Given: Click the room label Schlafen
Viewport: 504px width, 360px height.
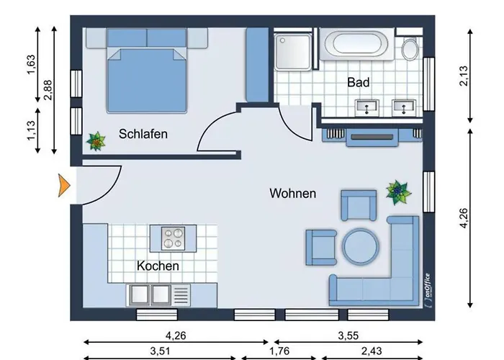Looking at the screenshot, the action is pyautogui.click(x=143, y=134).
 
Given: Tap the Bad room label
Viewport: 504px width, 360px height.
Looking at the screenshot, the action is pyautogui.click(x=358, y=82).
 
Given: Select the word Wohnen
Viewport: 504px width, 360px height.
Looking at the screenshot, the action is pyautogui.click(x=293, y=193).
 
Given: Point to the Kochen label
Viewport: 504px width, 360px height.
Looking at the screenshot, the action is pyautogui.click(x=158, y=266).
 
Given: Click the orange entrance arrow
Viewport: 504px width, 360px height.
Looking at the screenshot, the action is pyautogui.click(x=64, y=186).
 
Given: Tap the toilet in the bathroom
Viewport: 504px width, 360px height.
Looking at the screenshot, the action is pyautogui.click(x=410, y=48).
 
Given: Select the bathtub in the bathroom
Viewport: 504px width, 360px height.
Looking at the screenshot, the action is pyautogui.click(x=357, y=44).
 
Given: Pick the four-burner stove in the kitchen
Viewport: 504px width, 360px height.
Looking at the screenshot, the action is pyautogui.click(x=173, y=238).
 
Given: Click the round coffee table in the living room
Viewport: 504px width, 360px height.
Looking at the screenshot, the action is pyautogui.click(x=360, y=246).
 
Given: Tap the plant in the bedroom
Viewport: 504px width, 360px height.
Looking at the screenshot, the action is pyautogui.click(x=96, y=141).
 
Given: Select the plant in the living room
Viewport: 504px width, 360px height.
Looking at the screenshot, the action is pyautogui.click(x=398, y=192).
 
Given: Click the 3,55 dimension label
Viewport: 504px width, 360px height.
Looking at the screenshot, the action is pyautogui.click(x=348, y=336).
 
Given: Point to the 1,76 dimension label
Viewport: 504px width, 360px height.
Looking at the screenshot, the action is pyautogui.click(x=279, y=351).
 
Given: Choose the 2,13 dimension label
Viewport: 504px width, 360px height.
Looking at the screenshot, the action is pyautogui.click(x=464, y=76).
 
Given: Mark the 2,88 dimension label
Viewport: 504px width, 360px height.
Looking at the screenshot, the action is pyautogui.click(x=48, y=90).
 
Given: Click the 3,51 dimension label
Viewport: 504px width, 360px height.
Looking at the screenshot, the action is pyautogui.click(x=160, y=351).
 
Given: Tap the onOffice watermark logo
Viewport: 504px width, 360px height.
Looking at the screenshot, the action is pyautogui.click(x=427, y=289).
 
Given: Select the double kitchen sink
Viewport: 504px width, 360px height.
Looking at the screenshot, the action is pyautogui.click(x=150, y=295).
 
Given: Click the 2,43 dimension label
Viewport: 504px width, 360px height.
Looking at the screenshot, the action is pyautogui.click(x=372, y=351).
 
